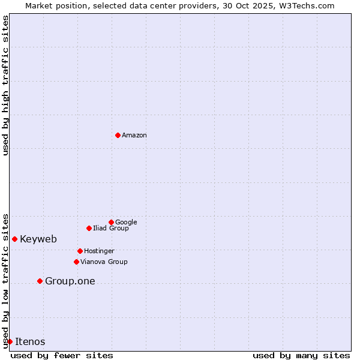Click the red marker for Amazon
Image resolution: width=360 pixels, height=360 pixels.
(118, 135)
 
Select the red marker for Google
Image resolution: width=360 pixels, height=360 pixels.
(111, 222)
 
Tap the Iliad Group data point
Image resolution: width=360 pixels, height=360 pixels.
(89, 228)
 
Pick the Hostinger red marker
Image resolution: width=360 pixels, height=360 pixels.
(80, 251)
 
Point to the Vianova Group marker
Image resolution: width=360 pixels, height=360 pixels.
(76, 262)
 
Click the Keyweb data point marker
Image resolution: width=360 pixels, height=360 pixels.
(14, 239)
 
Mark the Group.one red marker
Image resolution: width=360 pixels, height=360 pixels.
(40, 281)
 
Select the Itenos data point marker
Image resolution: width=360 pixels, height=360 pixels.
(10, 341)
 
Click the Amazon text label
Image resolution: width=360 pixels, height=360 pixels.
(134, 136)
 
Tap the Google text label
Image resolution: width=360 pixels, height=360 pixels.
(126, 223)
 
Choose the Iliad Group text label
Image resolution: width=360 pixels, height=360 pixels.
(111, 229)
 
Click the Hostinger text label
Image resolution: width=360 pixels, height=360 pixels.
(99, 251)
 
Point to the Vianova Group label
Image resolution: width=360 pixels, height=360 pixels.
(104, 262)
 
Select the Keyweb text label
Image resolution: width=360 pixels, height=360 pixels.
(38, 239)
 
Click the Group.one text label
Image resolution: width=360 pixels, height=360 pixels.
(70, 281)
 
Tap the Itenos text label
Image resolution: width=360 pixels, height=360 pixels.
(30, 342)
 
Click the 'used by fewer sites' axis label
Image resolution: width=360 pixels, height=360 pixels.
(62, 355)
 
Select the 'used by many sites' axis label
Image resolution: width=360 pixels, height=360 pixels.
(301, 355)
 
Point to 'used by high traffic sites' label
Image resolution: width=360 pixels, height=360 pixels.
(5, 85)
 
